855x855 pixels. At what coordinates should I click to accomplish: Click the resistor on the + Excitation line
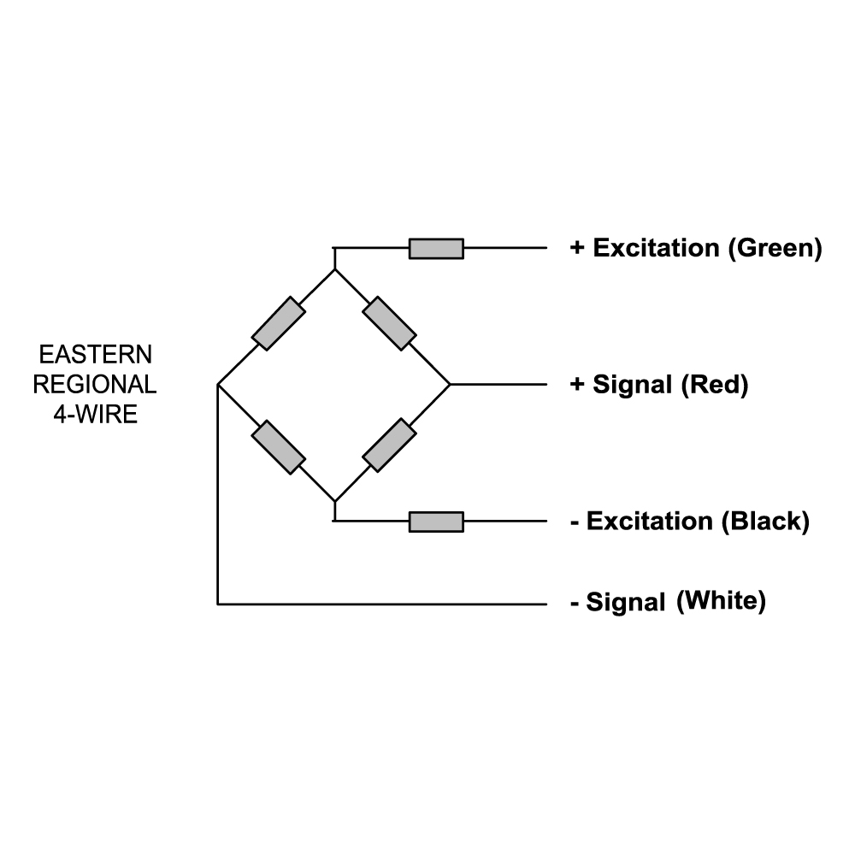[436, 249]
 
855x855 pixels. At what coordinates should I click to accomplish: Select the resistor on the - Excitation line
[436, 522]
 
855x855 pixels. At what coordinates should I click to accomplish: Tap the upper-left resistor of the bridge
[279, 323]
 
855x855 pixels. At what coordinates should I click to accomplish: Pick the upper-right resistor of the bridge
[390, 323]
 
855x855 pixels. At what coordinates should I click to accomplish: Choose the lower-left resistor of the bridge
[279, 446]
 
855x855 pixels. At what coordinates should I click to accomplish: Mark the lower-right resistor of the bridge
[390, 445]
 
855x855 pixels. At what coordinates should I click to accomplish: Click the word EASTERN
[96, 354]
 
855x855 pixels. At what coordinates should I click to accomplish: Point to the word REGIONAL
[95, 385]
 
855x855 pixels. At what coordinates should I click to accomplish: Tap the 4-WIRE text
[95, 416]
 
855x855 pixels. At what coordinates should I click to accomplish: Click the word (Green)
[775, 249]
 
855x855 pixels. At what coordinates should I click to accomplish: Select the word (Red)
[715, 385]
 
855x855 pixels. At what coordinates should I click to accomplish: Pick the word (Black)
[765, 522]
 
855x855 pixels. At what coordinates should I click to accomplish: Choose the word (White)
[721, 601]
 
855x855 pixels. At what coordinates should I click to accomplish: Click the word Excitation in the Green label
[656, 249]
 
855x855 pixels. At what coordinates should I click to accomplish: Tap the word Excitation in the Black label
[650, 522]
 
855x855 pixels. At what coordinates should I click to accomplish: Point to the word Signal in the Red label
[633, 386]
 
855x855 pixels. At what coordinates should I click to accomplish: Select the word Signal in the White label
[626, 603]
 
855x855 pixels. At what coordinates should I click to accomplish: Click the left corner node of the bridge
[219, 385]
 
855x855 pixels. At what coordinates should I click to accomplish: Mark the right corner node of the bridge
[450, 385]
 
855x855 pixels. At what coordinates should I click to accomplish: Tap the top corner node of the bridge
[334, 269]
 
